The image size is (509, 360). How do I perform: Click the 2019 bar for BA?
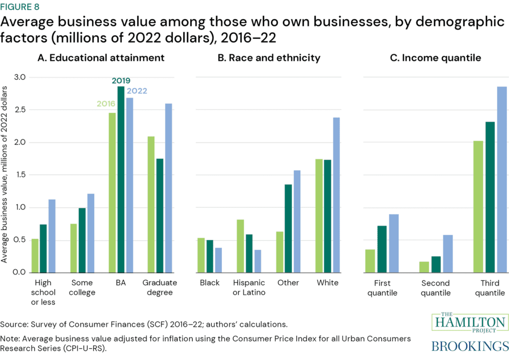(x=121, y=179)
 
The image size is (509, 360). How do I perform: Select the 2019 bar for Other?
(x=288, y=228)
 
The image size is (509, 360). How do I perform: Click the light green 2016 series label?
(x=106, y=104)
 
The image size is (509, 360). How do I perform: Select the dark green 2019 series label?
(x=121, y=80)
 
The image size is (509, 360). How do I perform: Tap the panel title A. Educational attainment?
(x=101, y=58)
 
